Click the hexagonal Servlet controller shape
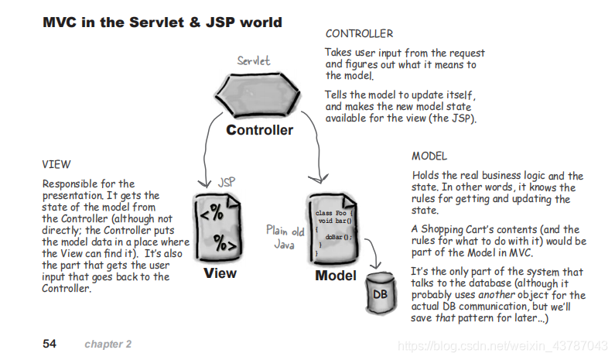[258, 95]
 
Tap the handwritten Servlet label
[255, 60]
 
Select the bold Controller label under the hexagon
[260, 130]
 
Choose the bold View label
[220, 273]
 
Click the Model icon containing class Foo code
[334, 228]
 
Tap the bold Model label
[336, 275]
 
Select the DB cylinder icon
[380, 293]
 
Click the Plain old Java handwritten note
[287, 236]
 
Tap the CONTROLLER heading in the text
[359, 34]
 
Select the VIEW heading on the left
[56, 164]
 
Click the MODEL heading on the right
[429, 156]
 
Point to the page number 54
[50, 343]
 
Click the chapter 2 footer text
[108, 343]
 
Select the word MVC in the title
[60, 22]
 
